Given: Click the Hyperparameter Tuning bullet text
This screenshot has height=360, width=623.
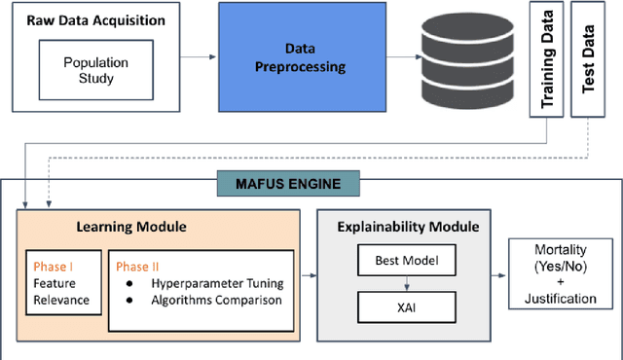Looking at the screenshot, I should (x=216, y=283).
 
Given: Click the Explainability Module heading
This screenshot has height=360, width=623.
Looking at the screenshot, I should (x=408, y=227).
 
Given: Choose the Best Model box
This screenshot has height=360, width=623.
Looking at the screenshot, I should (x=408, y=261).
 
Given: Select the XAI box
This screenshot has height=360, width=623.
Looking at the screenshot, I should (x=408, y=308).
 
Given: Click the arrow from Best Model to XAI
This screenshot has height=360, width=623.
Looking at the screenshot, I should (x=408, y=284).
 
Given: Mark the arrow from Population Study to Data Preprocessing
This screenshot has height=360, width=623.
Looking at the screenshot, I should (x=195, y=57).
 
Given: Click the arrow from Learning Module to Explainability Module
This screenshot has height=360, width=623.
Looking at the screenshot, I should (x=311, y=276).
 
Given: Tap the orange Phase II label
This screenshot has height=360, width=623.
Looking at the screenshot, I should (x=137, y=265).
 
